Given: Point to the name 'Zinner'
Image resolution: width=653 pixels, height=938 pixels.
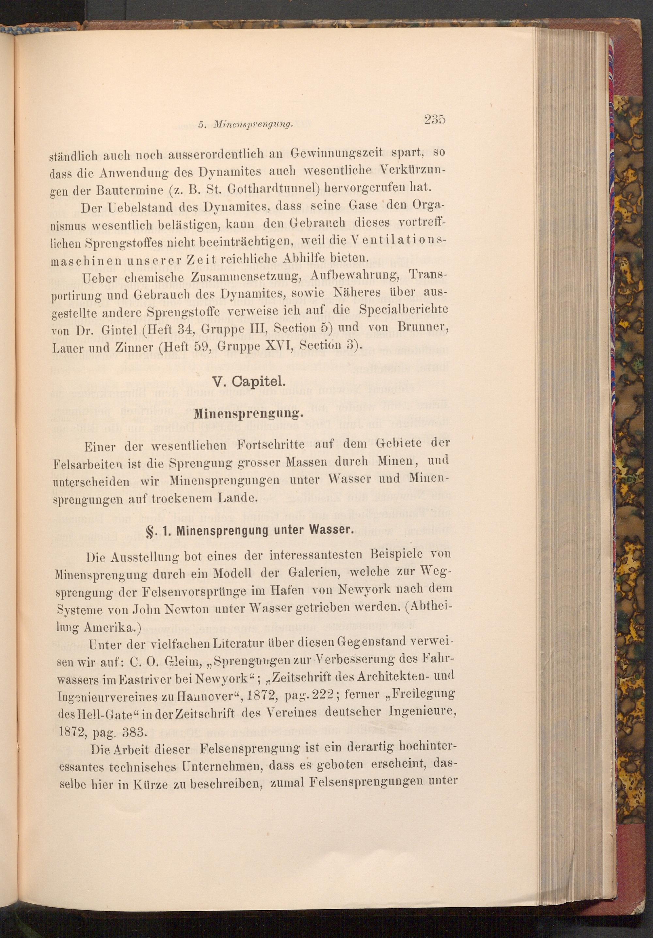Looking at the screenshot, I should (x=137, y=346).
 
